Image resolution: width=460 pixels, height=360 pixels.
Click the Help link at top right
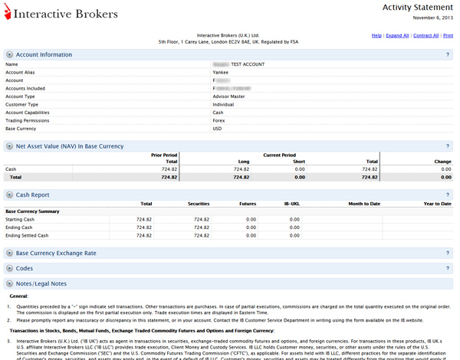point(376,35)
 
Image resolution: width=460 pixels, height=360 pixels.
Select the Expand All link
point(397,35)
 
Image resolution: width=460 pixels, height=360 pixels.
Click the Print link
point(448,35)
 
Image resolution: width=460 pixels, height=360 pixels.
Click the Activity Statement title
point(418,7)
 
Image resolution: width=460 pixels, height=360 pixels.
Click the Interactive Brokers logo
point(61,14)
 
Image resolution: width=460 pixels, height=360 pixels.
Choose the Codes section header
point(24,268)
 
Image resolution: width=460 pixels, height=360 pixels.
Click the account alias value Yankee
point(222,72)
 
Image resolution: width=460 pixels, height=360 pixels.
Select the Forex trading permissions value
point(220,120)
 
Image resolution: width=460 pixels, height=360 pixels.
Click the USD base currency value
point(217,129)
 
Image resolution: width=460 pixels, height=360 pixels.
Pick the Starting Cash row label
point(21,219)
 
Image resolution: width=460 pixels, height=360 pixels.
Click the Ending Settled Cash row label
point(27,235)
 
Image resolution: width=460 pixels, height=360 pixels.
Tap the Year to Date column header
point(437,203)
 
